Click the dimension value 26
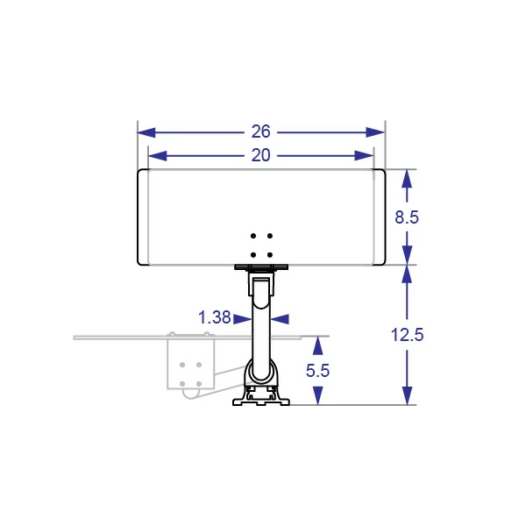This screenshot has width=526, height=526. (260, 131)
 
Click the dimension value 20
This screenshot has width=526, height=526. (260, 155)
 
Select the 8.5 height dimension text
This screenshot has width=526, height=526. (407, 217)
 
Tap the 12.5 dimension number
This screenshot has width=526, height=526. (408, 335)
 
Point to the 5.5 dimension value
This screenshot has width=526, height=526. (317, 371)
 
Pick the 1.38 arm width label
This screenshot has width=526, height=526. (215, 317)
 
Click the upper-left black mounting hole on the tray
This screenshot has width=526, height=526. (253, 236)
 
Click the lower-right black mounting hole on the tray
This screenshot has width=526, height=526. (270, 255)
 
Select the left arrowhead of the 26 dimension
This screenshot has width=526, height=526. (146, 132)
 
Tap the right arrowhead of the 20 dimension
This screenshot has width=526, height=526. (365, 156)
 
